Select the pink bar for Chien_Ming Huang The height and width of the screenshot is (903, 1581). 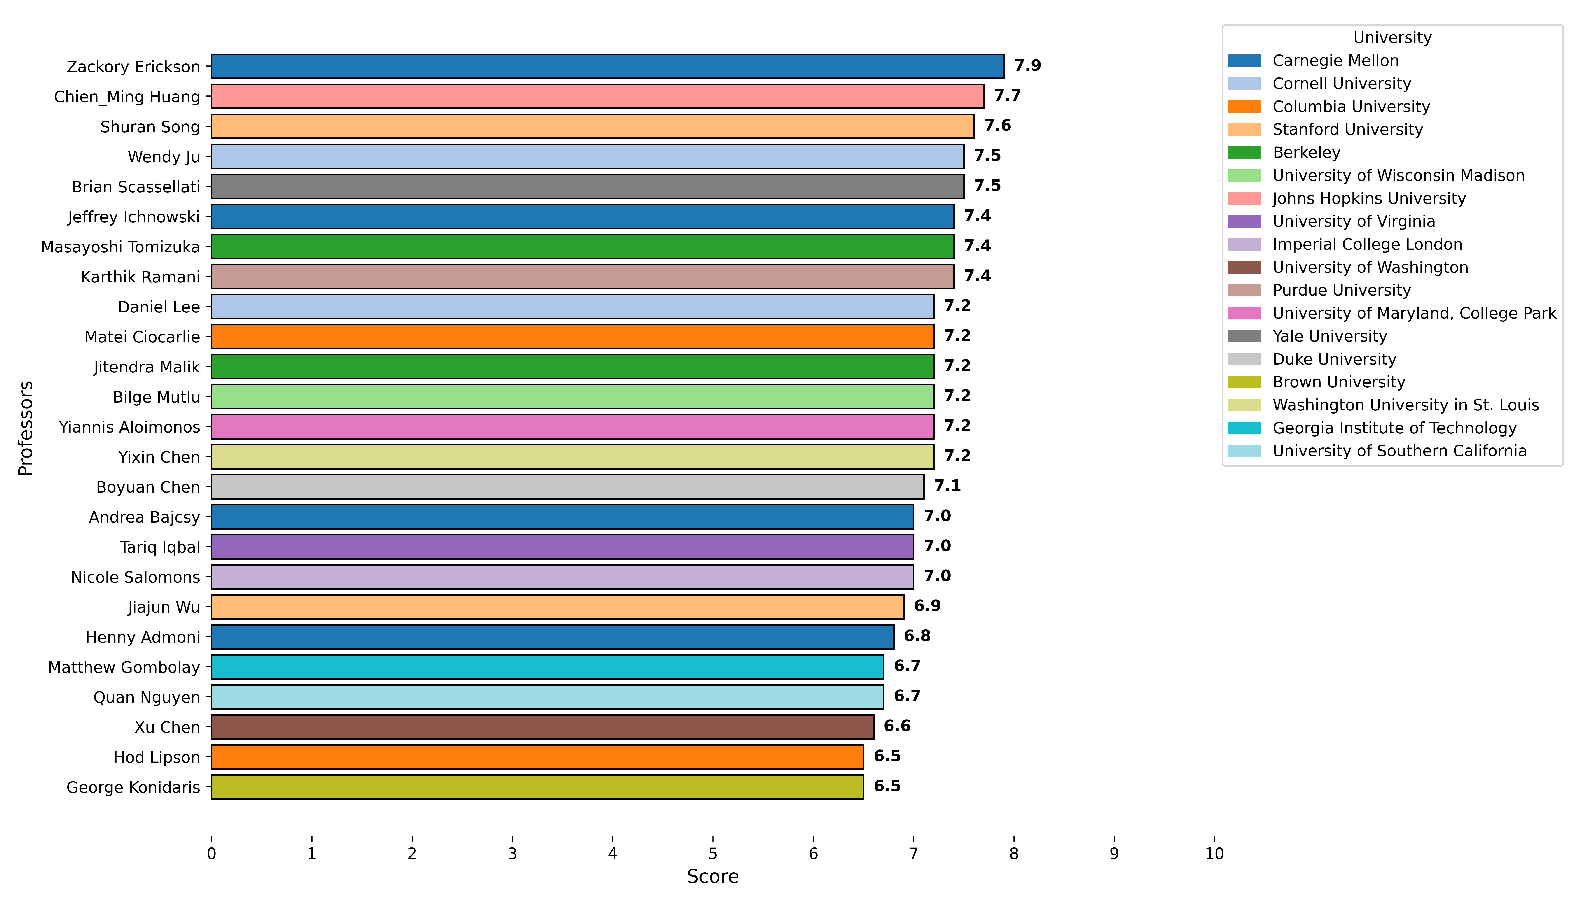coord(598,96)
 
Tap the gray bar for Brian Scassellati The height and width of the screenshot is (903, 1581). coord(588,186)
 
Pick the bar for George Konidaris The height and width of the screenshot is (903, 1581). coord(537,787)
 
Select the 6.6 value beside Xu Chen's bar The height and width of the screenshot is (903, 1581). coord(897,726)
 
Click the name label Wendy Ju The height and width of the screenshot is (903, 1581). coord(164,157)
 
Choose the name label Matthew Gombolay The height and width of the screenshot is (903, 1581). coord(124,667)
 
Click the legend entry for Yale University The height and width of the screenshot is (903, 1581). coord(1329,336)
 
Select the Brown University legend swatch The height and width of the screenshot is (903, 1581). coord(1244,382)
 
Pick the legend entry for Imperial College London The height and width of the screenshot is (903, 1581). coord(1367,244)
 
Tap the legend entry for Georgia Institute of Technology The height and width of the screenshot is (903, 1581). coord(1394,428)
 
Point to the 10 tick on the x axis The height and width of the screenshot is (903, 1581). coord(1214,854)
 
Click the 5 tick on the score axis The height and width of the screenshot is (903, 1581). coord(713,854)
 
